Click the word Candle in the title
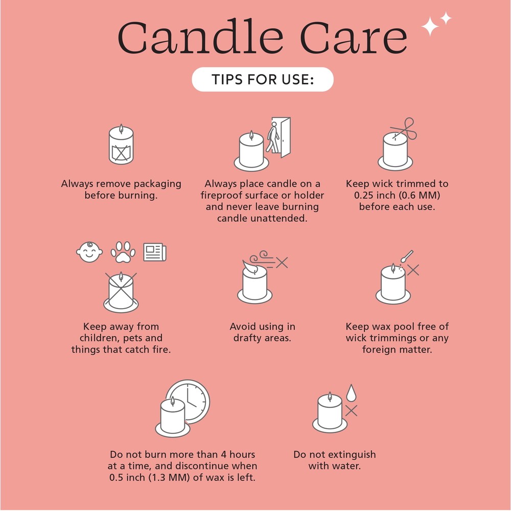200,36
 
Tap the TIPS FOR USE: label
263,80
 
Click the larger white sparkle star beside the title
430,27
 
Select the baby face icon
89,252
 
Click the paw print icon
123,252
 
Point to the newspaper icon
155,252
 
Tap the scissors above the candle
404,129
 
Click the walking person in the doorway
273,137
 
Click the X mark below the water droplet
351,411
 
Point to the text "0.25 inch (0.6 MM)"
397,195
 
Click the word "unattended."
262,218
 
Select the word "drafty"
247,338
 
